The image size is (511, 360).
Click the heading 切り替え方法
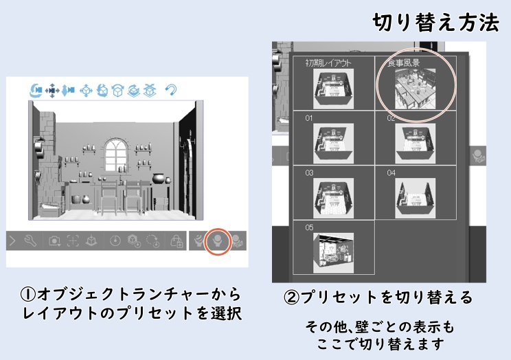(x=435, y=23)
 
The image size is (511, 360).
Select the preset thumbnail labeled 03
(x=333, y=194)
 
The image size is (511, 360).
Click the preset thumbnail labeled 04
(x=414, y=194)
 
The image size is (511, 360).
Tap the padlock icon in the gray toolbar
(x=176, y=241)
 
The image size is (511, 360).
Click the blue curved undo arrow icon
(x=171, y=90)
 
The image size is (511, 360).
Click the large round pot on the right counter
(x=159, y=179)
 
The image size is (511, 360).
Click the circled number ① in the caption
(x=27, y=295)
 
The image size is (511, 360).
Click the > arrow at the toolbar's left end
(x=12, y=241)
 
